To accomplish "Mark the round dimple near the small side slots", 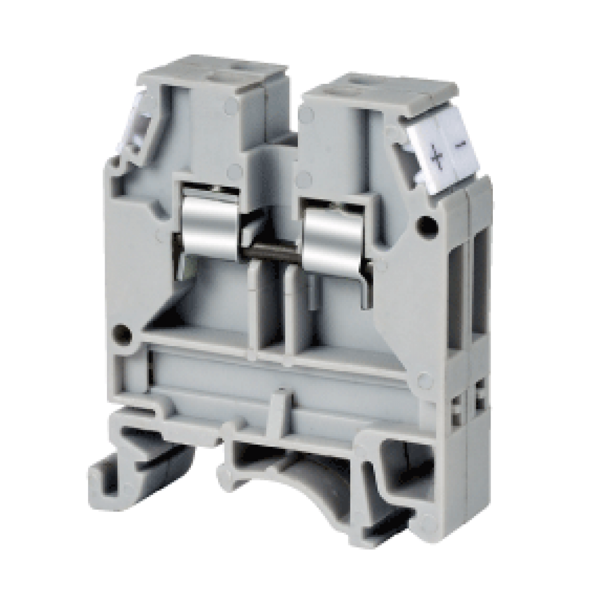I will point(426,380).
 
